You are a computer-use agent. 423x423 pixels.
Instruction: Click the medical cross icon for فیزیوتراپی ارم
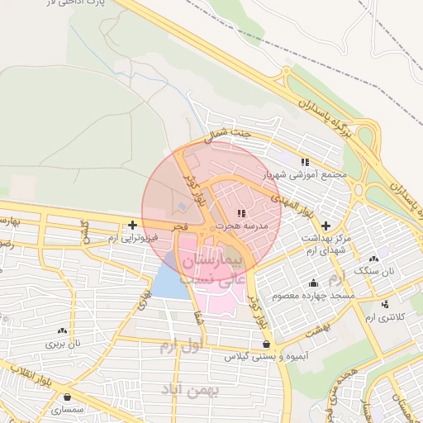point(132,225)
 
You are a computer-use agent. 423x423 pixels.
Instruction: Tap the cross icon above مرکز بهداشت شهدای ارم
point(326,225)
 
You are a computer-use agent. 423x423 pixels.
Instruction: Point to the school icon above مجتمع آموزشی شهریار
point(306,162)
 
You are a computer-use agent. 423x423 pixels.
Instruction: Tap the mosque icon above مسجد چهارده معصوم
point(315,283)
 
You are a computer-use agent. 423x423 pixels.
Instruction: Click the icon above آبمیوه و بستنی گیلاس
point(265,345)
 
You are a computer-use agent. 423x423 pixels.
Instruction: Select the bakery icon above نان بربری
point(61,330)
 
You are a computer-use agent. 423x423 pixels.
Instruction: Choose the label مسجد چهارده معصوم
point(321,295)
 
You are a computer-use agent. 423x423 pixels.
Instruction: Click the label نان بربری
point(61,341)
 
